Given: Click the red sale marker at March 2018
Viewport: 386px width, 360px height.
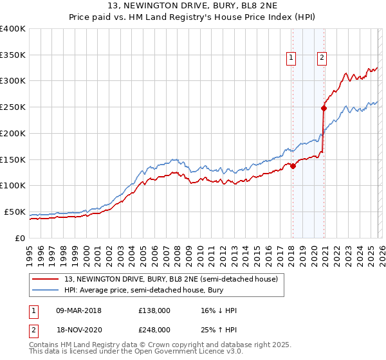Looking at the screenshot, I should tap(293, 165).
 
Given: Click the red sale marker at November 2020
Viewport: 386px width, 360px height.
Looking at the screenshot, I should tap(324, 108).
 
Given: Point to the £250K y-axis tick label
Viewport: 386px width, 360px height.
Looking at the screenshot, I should tap(12, 107).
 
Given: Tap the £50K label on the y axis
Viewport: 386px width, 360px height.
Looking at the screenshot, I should tap(15, 212).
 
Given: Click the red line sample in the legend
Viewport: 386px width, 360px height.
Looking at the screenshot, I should tap(47, 279).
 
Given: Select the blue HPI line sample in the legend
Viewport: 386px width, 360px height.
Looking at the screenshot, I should tap(47, 291).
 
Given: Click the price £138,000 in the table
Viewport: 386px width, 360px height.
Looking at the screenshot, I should tap(154, 310).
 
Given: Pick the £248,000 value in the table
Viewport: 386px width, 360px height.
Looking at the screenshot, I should tap(154, 329).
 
